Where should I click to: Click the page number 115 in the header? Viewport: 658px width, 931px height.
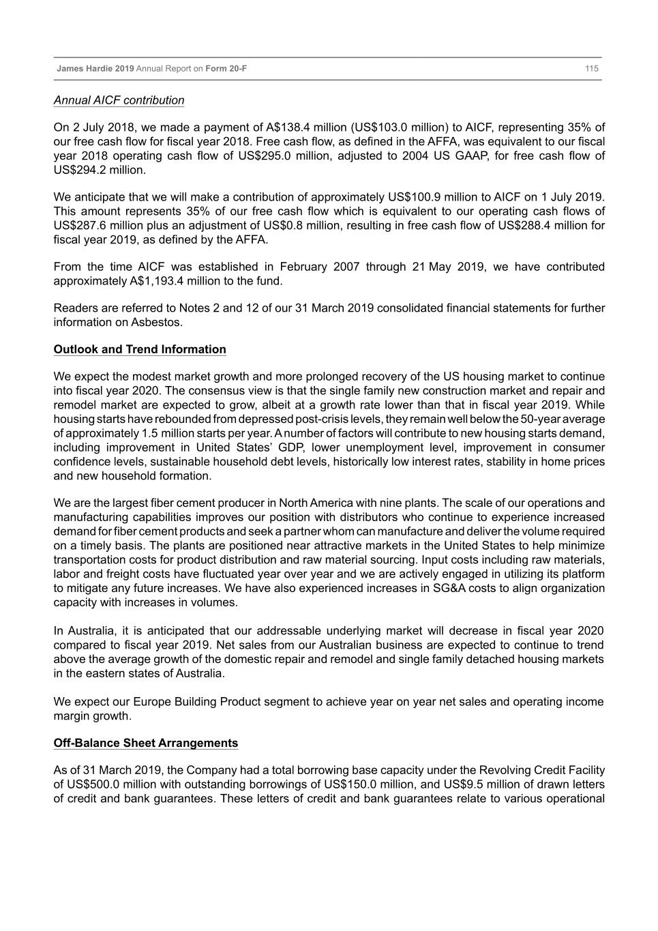tap(591, 68)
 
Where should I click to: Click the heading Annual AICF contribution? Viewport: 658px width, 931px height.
tap(119, 100)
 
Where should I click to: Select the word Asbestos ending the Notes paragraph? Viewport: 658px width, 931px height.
tap(158, 322)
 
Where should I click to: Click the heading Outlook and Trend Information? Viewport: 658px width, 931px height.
tap(140, 349)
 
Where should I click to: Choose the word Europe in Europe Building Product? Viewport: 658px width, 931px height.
tap(151, 702)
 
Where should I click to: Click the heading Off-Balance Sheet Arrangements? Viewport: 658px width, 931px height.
tap(146, 743)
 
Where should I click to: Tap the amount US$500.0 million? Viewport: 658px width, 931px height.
tap(104, 784)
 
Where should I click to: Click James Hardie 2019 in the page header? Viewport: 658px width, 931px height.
tap(95, 68)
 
